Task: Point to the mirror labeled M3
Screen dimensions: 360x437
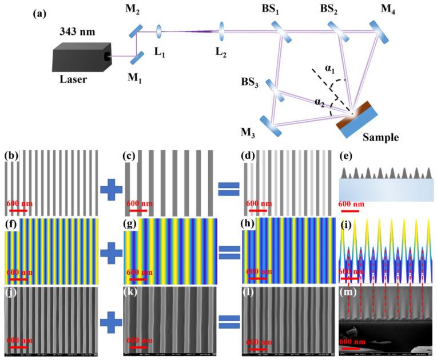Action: pyautogui.click(x=272, y=127)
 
